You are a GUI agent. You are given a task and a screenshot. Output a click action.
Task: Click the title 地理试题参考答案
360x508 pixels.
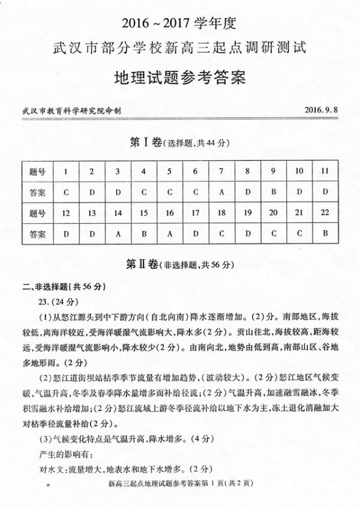tap(180, 78)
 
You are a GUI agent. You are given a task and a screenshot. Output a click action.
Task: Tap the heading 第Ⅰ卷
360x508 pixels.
tap(146, 142)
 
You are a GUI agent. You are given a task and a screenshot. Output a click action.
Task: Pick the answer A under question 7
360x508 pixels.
tap(221, 192)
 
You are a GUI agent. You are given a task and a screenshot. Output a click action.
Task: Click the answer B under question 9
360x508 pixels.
tap(273, 192)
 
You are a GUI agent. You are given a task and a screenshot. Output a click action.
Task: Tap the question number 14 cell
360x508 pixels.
tap(118, 213)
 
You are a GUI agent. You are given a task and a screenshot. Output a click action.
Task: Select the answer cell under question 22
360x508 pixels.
tap(325, 233)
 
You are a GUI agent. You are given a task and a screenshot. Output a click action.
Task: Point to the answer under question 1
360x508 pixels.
tap(65, 192)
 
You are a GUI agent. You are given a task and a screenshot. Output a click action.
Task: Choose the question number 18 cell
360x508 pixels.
tap(221, 213)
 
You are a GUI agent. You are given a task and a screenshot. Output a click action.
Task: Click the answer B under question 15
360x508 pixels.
tap(143, 233)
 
